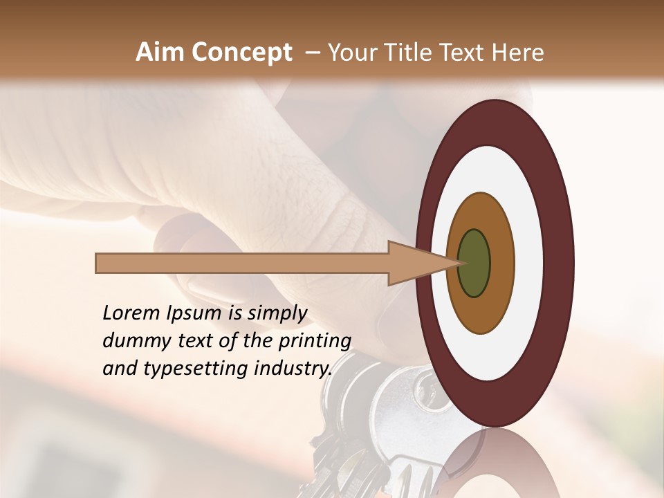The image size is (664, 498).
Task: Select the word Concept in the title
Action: click(241, 53)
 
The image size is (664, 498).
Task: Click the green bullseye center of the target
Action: click(474, 264)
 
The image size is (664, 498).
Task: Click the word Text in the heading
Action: click(465, 53)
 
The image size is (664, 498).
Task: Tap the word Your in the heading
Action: click(350, 53)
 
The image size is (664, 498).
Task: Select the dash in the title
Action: click(313, 53)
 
